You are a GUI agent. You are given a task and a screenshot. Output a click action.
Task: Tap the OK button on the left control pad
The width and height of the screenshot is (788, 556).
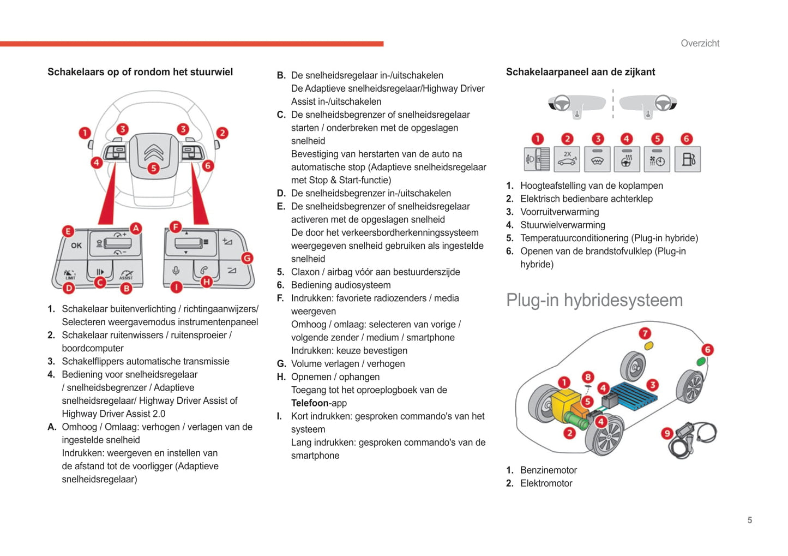[x=76, y=246]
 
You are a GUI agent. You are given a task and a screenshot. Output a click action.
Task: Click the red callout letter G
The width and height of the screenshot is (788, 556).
[x=247, y=258]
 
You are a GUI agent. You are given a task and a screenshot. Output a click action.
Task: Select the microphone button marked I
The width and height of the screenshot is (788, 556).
[x=176, y=271]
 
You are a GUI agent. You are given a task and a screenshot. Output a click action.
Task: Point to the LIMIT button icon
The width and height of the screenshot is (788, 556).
[x=70, y=273]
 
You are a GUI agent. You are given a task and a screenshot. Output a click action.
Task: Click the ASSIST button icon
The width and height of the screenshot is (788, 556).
[x=126, y=273]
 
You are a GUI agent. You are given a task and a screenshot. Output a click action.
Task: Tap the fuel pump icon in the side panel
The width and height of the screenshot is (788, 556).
[x=688, y=159]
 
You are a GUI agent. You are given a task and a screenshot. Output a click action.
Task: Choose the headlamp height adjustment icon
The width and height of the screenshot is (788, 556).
[x=537, y=159]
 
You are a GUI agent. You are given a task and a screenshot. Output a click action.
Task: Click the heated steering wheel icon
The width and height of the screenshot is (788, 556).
[x=627, y=159]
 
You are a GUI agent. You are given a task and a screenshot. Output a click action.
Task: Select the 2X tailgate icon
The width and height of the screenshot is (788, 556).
[x=567, y=159]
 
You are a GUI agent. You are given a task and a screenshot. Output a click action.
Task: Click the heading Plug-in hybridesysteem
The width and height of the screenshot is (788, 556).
[x=594, y=300]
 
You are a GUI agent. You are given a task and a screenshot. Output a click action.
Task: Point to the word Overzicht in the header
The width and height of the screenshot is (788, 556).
[x=700, y=43]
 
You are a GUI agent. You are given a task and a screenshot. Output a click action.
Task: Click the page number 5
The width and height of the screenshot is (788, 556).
[x=750, y=520]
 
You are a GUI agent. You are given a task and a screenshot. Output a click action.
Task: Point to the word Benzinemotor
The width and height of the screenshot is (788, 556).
[x=548, y=470]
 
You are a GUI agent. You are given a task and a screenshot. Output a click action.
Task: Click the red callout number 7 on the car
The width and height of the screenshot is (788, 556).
[x=645, y=333]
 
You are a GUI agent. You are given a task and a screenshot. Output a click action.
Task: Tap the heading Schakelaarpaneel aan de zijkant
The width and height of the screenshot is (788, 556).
[x=580, y=72]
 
